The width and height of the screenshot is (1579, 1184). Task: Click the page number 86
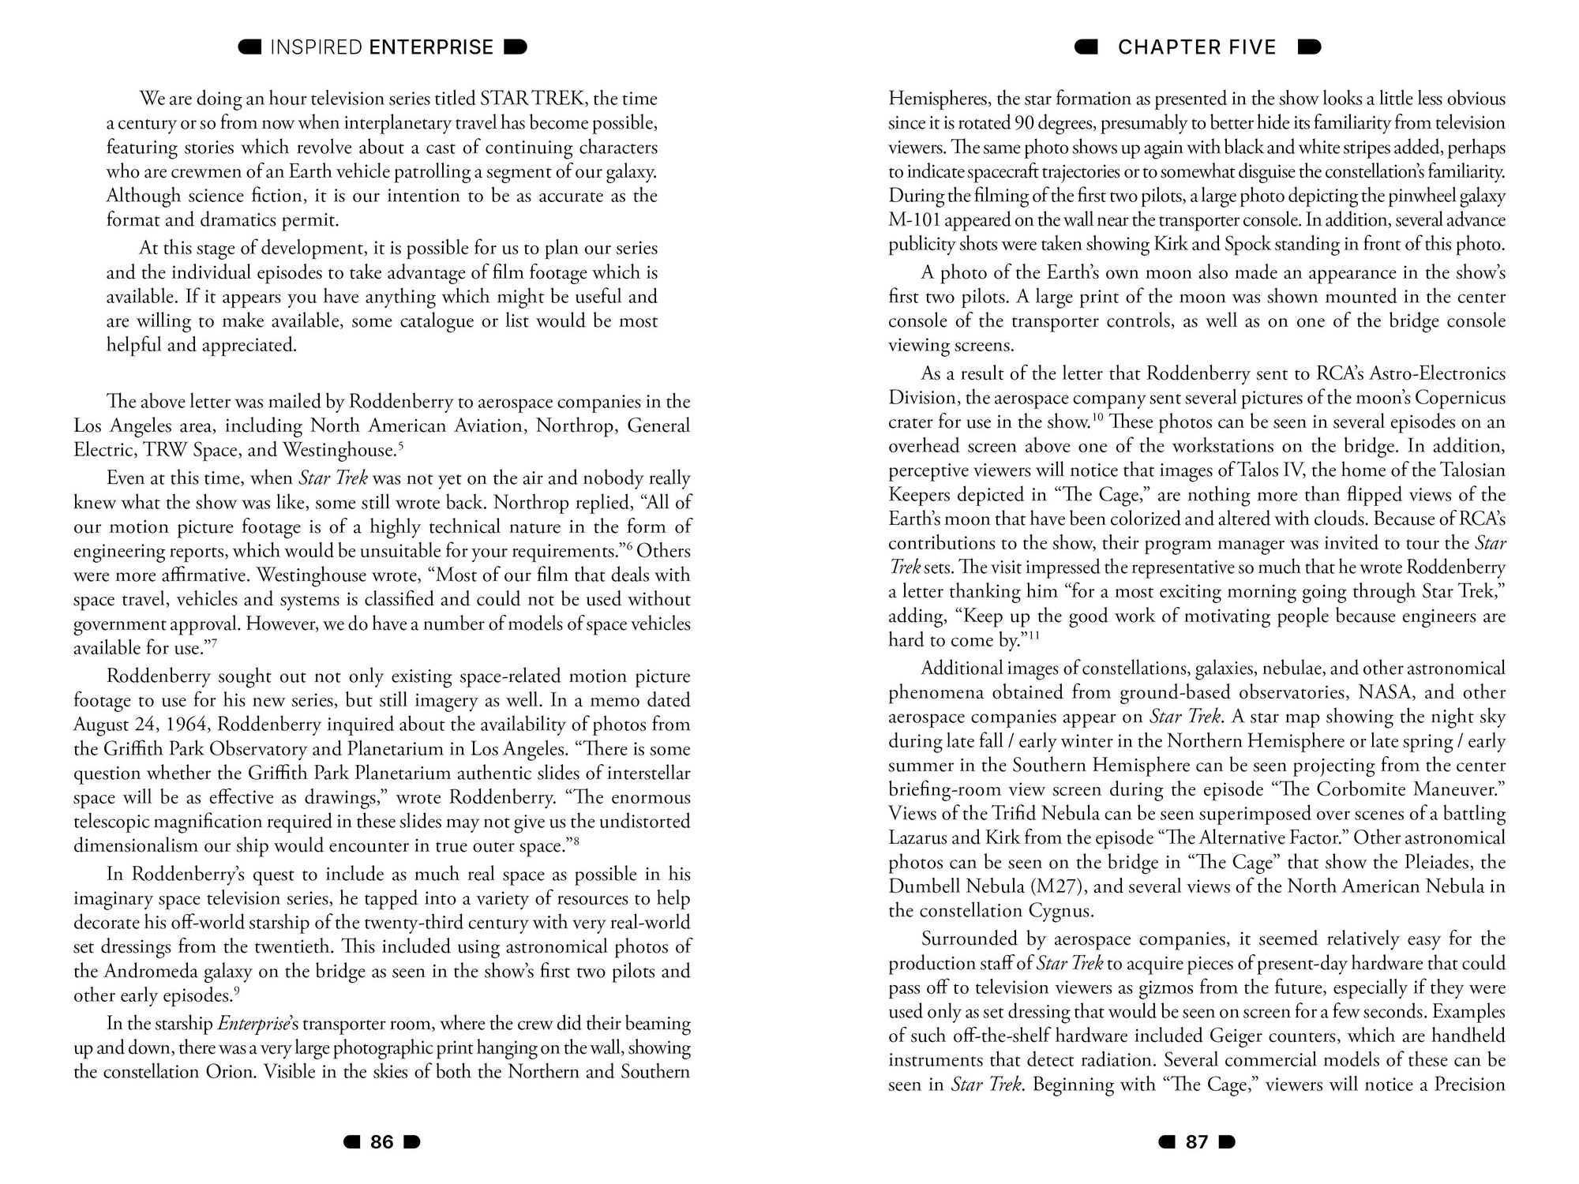(x=382, y=1142)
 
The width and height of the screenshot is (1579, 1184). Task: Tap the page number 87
(x=1197, y=1142)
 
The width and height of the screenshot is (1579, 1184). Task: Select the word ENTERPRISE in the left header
(x=431, y=47)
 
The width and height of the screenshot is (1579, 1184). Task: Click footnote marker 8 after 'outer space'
(x=577, y=841)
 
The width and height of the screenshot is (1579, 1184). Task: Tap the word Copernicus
(x=1460, y=398)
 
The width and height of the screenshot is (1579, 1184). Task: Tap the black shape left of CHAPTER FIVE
(x=1086, y=47)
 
